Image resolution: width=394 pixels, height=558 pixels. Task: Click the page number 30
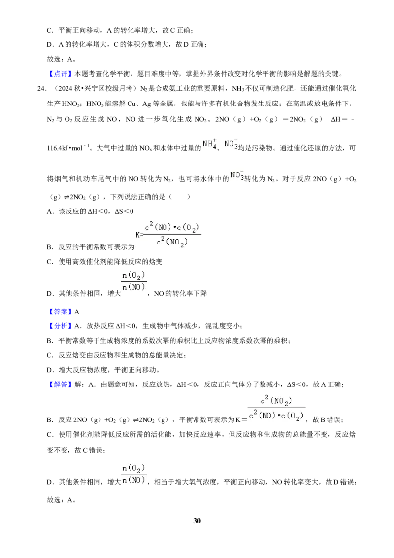[x=197, y=521]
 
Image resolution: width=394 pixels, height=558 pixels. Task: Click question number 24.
[x=41, y=89]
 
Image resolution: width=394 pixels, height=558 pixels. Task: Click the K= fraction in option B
[x=168, y=234]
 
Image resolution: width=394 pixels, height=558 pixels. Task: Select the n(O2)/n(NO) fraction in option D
[x=133, y=281]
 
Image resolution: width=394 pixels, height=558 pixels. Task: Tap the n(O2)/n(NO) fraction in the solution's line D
[x=133, y=474]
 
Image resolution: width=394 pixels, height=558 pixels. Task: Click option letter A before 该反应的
[x=50, y=211]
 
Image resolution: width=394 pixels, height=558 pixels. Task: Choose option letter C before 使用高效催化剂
[x=50, y=262]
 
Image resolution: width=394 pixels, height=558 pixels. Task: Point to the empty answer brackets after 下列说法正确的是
[x=180, y=197]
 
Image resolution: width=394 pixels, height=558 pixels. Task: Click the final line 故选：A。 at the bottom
[x=61, y=500]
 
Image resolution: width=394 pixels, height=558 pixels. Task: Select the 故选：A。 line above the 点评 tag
[x=61, y=59]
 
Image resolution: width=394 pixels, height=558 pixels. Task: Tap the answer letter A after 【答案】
[x=77, y=312]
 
